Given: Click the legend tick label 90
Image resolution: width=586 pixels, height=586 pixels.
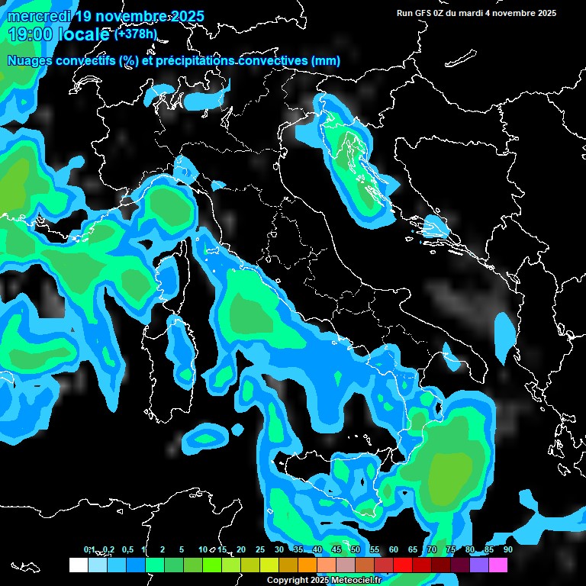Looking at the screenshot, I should point(507,549).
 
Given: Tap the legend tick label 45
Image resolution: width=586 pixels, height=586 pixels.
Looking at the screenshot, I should point(336,549).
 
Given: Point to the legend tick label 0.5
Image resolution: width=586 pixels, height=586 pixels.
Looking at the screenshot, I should point(127,549).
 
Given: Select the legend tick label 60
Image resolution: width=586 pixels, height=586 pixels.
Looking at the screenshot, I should point(394,549).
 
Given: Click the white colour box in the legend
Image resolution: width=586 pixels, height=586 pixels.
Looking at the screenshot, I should point(78,565).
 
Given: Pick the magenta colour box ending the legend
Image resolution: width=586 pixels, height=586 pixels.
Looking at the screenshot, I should point(498,565).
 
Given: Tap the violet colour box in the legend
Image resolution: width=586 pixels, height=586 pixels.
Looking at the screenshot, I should point(479,565).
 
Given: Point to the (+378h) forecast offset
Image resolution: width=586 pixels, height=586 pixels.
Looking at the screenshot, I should point(136,34).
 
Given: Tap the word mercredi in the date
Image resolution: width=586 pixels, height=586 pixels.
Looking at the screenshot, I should point(36,16).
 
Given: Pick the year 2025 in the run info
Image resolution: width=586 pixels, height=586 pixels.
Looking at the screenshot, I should point(545,13).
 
